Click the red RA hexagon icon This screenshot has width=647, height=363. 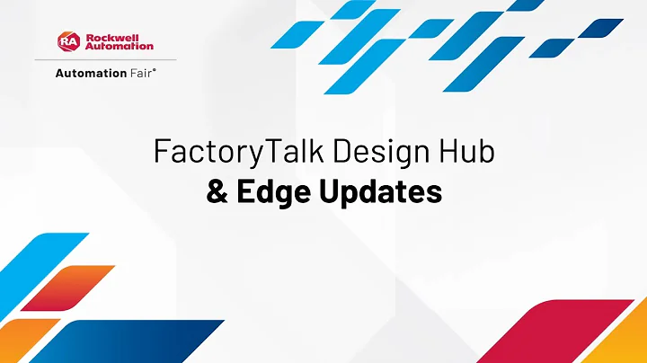(69, 41)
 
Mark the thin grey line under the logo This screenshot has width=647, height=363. (104, 60)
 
